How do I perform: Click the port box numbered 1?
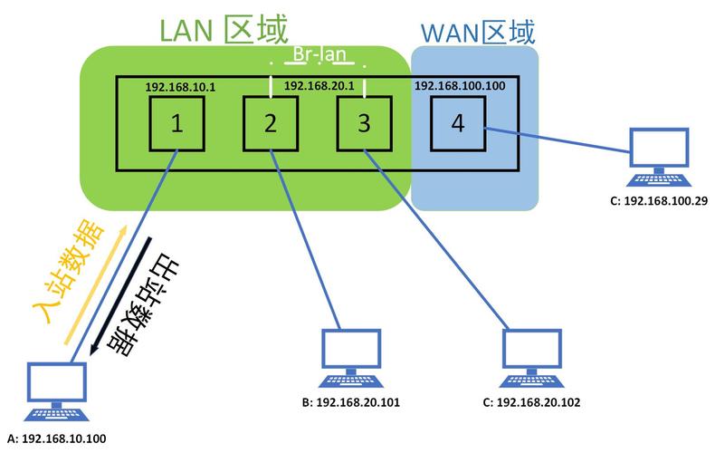coord(176,124)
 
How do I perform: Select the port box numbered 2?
coord(270,124)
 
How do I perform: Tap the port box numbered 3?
coord(364,124)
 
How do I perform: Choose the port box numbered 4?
coord(457,124)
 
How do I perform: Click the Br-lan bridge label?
coord(318,57)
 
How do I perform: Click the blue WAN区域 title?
coord(478,33)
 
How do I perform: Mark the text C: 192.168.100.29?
coord(660,199)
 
